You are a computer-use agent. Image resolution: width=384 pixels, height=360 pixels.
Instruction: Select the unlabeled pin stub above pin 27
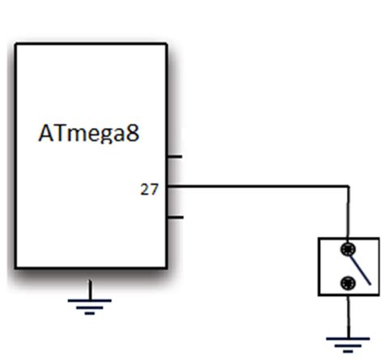coord(174,156)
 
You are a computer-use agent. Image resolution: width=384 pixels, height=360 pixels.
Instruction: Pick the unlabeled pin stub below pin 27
coord(174,217)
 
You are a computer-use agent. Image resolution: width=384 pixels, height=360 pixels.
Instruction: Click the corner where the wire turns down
coord(348,186)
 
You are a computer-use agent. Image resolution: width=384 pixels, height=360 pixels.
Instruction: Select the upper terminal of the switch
coord(348,249)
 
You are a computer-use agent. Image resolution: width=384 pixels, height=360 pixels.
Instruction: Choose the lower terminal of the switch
coord(348,283)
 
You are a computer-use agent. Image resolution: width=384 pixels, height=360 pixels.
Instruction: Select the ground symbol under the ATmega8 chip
coord(90,305)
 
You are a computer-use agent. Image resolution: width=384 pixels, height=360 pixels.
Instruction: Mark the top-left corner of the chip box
coord(16,45)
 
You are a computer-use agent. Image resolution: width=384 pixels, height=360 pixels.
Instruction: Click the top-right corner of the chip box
coord(166,45)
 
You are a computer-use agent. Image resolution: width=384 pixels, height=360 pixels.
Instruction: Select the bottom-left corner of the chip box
coord(16,268)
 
